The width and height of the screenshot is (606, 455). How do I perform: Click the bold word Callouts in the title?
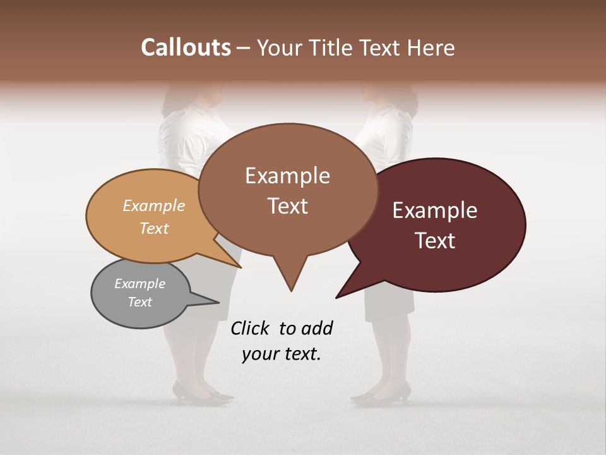click(x=186, y=47)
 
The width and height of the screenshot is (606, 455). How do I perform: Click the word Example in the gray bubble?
click(x=140, y=284)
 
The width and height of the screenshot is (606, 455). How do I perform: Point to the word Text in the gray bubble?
click(x=140, y=302)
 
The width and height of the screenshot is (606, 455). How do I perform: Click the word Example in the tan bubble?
click(x=154, y=205)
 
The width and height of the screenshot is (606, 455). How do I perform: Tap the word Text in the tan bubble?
click(x=154, y=228)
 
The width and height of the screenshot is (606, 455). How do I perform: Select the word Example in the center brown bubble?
click(x=287, y=176)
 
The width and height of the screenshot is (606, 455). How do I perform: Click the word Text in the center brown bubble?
click(x=287, y=206)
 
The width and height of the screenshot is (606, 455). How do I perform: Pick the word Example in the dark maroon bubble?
click(x=435, y=210)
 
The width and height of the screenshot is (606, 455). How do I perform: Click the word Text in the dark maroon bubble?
click(x=435, y=241)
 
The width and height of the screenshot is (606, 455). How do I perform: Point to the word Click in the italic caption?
click(x=250, y=328)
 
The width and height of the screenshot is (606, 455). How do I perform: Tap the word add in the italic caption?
click(x=316, y=328)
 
